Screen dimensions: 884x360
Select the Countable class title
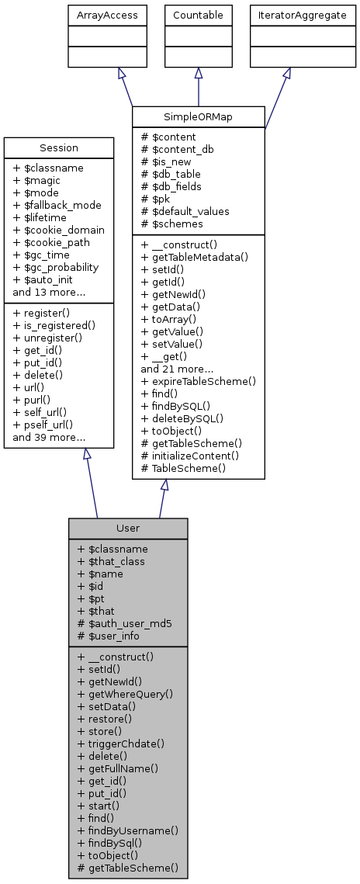pos(199,15)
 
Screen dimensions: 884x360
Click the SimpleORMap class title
pos(199,116)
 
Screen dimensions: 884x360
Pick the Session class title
pos(59,147)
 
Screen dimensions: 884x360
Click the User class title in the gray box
pos(128,528)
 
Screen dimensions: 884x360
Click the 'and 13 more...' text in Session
pos(49,292)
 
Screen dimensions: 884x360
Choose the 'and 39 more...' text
pos(49,438)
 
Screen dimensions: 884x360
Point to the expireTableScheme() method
pos(198,382)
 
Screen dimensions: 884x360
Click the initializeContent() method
pos(194,456)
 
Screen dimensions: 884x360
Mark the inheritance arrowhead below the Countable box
pos(199,73)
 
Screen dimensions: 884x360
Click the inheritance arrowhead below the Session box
pos(87,455)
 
